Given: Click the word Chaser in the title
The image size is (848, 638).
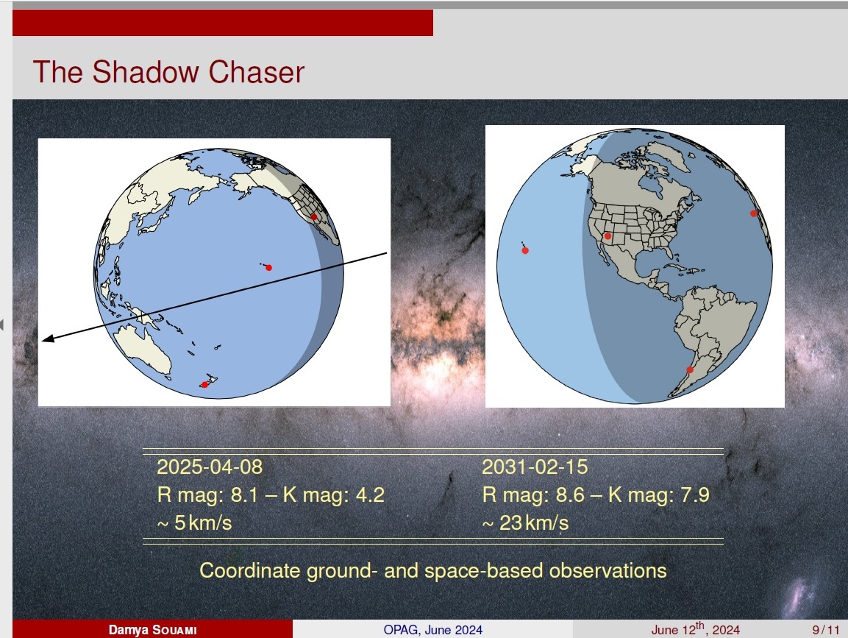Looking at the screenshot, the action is tap(257, 72).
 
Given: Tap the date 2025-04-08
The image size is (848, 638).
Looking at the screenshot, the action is tap(210, 467).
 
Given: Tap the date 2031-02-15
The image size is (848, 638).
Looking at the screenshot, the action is tap(535, 467).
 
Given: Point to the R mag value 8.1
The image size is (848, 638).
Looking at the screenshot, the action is tap(246, 495).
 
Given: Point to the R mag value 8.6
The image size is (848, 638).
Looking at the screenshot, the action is tap(571, 495).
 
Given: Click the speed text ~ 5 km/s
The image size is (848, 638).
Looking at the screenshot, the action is tap(194, 523).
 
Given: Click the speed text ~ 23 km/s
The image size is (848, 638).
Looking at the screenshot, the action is tap(525, 523).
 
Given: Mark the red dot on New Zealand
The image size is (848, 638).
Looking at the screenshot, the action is tap(204, 385).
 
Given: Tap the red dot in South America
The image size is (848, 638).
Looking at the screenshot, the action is tap(690, 370).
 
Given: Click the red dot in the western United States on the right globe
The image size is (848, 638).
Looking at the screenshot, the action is tap(608, 236).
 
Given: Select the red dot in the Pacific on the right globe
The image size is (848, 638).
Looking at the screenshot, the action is tap(525, 250).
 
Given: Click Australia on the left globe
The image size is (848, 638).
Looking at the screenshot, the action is tap(143, 349).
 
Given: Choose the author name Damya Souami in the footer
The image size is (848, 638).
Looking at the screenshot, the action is tap(152, 630).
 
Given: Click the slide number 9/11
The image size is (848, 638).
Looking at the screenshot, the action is tap(825, 630).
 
